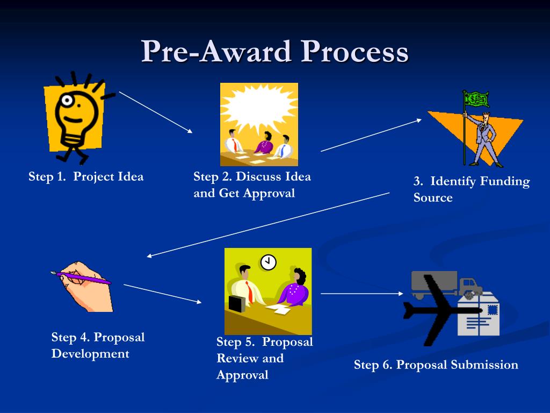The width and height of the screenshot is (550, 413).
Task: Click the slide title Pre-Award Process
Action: click(275, 52)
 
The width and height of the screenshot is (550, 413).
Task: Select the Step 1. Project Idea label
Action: click(86, 177)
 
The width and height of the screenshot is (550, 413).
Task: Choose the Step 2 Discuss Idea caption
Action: click(252, 184)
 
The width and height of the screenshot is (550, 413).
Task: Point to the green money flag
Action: click(476, 99)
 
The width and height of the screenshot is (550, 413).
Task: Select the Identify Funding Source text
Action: click(471, 189)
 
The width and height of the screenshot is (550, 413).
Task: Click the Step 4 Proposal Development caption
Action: click(98, 345)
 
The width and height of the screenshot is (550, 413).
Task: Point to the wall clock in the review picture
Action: click(268, 262)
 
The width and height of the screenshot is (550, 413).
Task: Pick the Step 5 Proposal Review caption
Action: click(264, 358)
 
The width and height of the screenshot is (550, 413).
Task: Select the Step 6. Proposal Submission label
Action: click(436, 365)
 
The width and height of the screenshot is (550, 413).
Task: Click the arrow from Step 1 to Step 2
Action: click(155, 112)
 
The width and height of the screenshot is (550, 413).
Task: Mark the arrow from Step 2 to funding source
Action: click(371, 135)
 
